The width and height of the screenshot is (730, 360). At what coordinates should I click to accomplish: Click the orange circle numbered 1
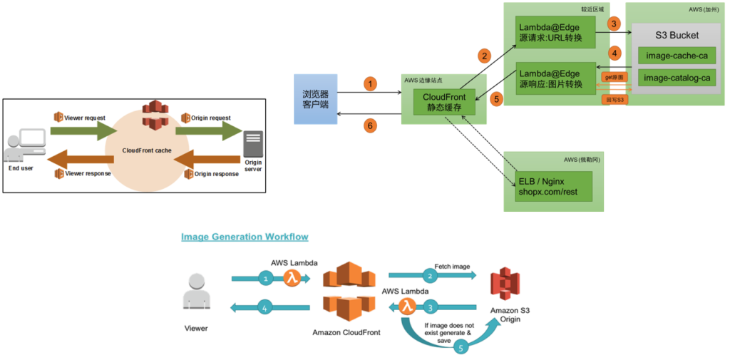(x=369, y=84)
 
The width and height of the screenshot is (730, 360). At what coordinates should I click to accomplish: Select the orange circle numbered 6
(x=369, y=125)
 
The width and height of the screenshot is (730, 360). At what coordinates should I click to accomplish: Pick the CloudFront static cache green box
(x=444, y=102)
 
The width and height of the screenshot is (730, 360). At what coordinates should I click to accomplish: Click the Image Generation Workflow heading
(x=245, y=236)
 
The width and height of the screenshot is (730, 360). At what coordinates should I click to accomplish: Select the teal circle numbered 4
(x=265, y=309)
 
